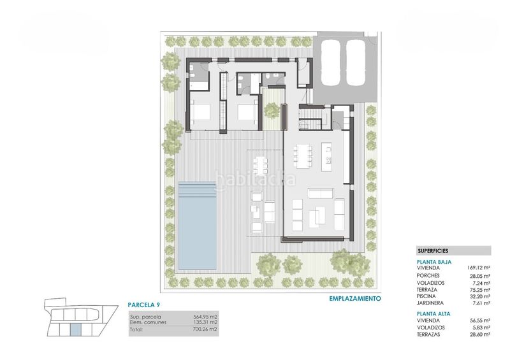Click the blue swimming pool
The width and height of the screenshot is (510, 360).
(197, 226)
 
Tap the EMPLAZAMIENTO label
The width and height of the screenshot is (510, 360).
(355, 298)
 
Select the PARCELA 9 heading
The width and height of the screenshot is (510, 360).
(144, 305)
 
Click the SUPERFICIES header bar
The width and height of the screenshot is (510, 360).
(453, 251)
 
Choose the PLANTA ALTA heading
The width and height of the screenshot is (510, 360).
(433, 314)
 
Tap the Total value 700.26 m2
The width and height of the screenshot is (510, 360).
(205, 329)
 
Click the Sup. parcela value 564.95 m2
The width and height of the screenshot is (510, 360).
(205, 317)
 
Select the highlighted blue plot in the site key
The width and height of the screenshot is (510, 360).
(75, 329)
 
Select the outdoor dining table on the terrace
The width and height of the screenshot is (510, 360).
(260, 165)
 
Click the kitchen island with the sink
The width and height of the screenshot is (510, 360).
(328, 156)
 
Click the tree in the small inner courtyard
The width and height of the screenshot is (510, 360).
(272, 111)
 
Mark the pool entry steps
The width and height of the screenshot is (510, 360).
(197, 191)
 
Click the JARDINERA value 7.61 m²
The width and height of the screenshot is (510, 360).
(480, 303)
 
